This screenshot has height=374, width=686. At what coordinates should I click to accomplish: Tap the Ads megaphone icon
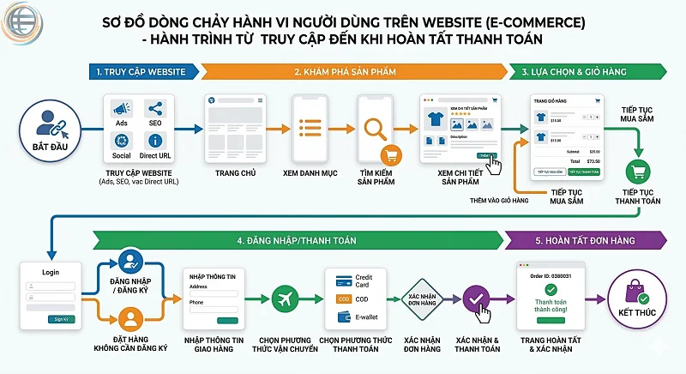(121, 110)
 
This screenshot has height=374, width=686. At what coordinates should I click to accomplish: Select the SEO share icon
(155, 110)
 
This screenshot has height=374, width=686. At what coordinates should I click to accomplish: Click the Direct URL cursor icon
(155, 142)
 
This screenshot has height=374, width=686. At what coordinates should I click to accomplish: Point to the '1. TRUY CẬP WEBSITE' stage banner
(139, 72)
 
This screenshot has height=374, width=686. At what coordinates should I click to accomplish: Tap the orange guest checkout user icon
(130, 321)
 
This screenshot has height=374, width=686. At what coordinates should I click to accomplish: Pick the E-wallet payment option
(359, 317)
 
